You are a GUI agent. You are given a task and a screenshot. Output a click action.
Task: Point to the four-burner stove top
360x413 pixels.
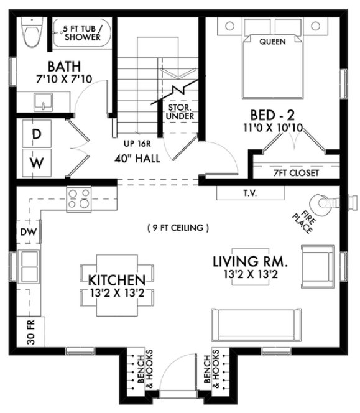pyautogui.click(x=79, y=198)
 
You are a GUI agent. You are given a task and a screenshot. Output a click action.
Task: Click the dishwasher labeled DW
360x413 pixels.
pyautogui.click(x=25, y=232)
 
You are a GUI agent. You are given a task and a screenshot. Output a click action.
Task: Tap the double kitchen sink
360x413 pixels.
pyautogui.click(x=29, y=266)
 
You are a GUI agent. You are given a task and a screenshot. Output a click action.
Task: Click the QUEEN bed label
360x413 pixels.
pyautogui.click(x=273, y=42)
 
